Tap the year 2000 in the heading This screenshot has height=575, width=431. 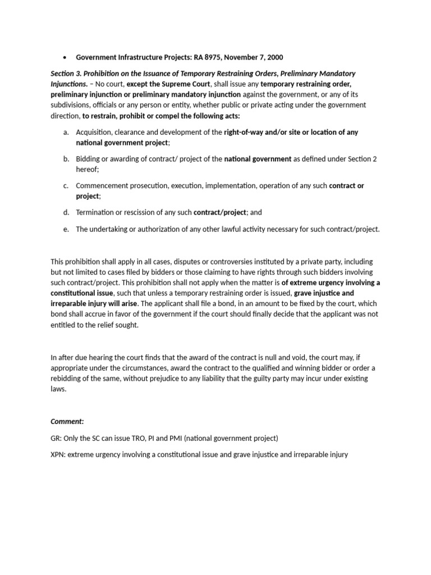[273, 57]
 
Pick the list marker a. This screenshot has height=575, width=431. [66, 133]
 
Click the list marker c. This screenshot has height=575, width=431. [66, 186]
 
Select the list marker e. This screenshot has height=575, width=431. [66, 229]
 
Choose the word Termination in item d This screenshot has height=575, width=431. [97, 213]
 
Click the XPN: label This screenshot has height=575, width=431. [59, 454]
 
